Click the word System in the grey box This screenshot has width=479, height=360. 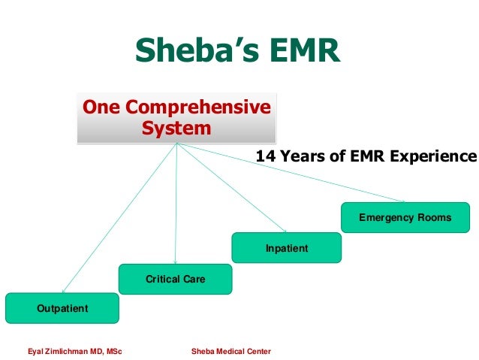pyautogui.click(x=176, y=128)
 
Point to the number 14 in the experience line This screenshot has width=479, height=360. pyautogui.click(x=264, y=156)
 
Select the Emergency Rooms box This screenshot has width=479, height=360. pyautogui.click(x=405, y=218)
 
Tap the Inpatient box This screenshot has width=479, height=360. pyautogui.click(x=286, y=248)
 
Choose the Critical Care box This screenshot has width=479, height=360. pyautogui.click(x=175, y=279)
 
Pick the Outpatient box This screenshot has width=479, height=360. pyautogui.click(x=62, y=308)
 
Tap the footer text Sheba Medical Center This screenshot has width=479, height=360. pyautogui.click(x=231, y=351)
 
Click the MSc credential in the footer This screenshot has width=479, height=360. pyautogui.click(x=113, y=351)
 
